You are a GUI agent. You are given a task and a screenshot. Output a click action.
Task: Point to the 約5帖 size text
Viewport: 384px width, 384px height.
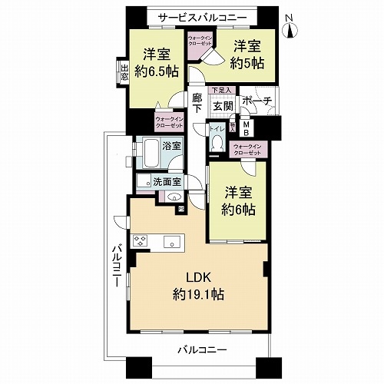(x=248, y=62)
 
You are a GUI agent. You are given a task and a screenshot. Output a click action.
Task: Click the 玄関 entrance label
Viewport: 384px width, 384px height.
(x=222, y=105)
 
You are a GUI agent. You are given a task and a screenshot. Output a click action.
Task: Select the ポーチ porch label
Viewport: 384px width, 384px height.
(x=257, y=101)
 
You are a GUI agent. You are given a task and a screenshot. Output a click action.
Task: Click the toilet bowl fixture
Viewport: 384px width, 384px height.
(x=217, y=144)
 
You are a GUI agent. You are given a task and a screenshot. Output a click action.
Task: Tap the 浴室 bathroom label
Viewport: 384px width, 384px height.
(x=171, y=145)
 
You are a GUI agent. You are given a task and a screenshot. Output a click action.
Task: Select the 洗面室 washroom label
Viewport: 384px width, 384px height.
(x=166, y=182)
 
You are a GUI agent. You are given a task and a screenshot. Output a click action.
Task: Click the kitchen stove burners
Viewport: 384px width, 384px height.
(x=141, y=240)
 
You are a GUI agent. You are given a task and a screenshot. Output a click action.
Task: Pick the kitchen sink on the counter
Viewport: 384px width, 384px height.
(x=172, y=240)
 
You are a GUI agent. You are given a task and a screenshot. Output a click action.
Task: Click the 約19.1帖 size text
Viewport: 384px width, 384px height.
(x=198, y=293)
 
